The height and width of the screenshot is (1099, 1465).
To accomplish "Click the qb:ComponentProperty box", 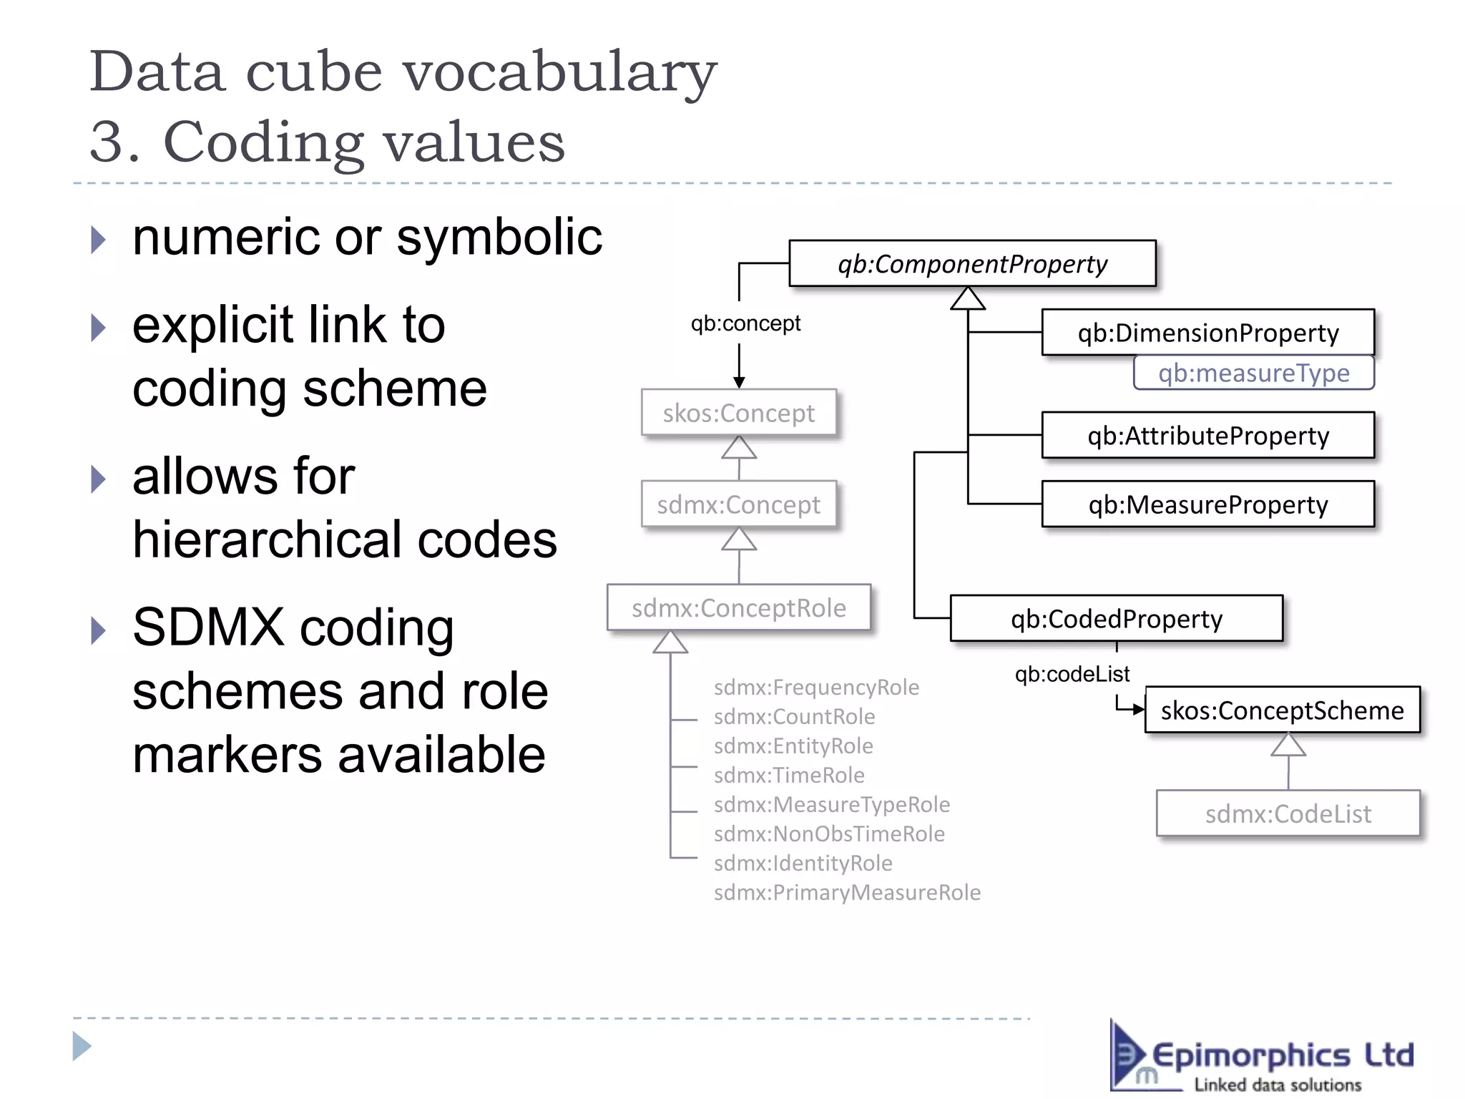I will pos(972,264).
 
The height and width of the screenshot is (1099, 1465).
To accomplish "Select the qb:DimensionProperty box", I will pos(1207,333).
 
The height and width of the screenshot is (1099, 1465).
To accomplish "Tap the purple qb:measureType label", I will pos(1253,373).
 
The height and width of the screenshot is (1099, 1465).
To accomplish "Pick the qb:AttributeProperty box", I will pos(1207,436).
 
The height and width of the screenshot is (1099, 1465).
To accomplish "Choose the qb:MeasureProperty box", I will pos(1207,504).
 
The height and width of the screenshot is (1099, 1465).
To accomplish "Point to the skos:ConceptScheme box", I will pos(1282,710).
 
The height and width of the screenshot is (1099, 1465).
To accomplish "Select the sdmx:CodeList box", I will pos(1288,814).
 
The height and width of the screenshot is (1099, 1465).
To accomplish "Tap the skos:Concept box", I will pos(738,413).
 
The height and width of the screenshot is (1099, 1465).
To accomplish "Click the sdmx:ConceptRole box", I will pos(738,608).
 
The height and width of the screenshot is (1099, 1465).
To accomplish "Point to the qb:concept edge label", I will pos(745,323).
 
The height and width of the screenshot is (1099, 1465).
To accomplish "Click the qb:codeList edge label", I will pos(1072,674).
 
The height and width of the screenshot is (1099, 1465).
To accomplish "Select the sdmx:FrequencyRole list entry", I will pos(816,688).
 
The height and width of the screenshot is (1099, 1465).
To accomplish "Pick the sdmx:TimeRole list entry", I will pos(789,776).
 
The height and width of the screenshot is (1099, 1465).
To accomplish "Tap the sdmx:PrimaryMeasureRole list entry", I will pos(847,893).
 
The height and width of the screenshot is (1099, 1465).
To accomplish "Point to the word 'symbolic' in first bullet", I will pos(499,238).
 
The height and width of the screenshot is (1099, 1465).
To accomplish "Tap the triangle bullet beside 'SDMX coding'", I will pos(99,630).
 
